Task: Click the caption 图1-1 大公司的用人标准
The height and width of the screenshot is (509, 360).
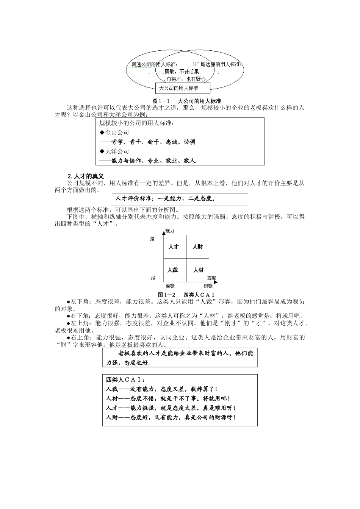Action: pyautogui.click(x=186, y=101)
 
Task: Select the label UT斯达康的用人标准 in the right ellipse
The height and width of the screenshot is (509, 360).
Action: pyautogui.click(x=218, y=64)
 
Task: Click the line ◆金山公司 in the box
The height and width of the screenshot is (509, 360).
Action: pyautogui.click(x=114, y=133)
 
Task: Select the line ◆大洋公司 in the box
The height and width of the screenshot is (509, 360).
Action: pyautogui.click(x=114, y=151)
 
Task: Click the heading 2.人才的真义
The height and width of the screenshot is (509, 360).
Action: pyautogui.click(x=85, y=176)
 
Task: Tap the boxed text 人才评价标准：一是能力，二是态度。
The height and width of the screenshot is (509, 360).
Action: pyautogui.click(x=165, y=198)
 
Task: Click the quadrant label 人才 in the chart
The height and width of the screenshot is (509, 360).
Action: pyautogui.click(x=173, y=247)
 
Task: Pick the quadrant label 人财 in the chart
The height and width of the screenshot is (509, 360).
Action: pyautogui.click(x=198, y=247)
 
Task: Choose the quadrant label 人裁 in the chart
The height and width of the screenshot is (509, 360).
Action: pyautogui.click(x=172, y=270)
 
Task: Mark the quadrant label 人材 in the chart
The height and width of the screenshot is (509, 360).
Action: pyautogui.click(x=198, y=270)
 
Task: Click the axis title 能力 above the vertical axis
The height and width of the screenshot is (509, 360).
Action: pyautogui.click(x=170, y=231)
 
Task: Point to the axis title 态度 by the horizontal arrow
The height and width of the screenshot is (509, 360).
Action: pyautogui.click(x=212, y=278)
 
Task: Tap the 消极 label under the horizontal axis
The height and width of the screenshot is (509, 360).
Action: pyautogui.click(x=170, y=286)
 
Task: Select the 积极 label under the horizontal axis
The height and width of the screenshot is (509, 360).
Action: pyautogui.click(x=208, y=286)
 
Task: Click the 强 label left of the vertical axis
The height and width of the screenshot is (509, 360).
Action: pyautogui.click(x=152, y=239)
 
